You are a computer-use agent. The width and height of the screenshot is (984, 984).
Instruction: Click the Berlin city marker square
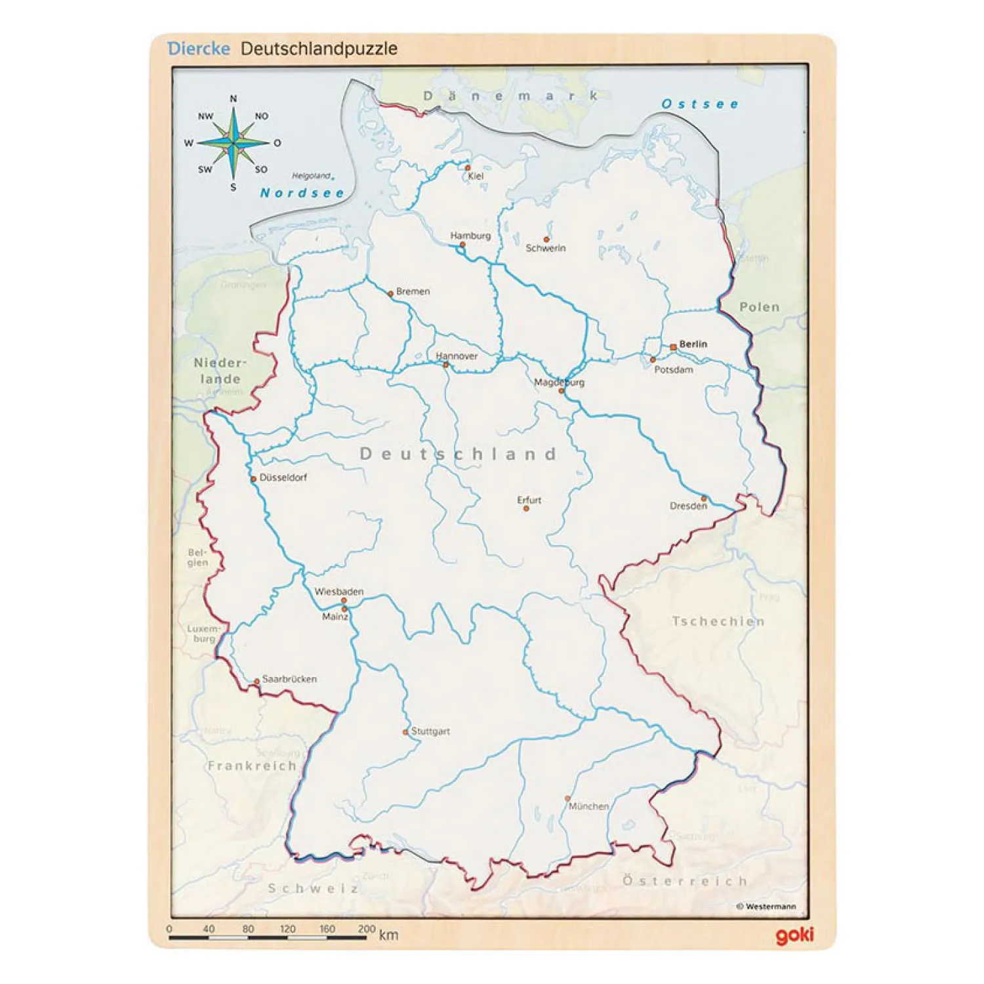pyautogui.click(x=673, y=346)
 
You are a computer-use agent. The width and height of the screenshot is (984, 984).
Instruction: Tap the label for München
pyautogui.click(x=588, y=806)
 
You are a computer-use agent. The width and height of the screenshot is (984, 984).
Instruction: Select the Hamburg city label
pyautogui.click(x=470, y=236)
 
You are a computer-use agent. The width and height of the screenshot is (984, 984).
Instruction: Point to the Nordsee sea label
pyautogui.click(x=302, y=193)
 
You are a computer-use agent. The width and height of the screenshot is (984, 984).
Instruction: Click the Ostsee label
pyautogui.click(x=700, y=104)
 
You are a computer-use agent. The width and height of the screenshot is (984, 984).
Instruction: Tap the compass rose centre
pyautogui.click(x=234, y=142)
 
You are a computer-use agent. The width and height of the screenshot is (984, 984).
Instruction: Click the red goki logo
pyautogui.click(x=794, y=935)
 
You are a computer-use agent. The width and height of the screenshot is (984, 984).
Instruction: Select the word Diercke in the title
pyautogui.click(x=199, y=49)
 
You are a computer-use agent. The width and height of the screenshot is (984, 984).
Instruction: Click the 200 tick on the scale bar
pyautogui.click(x=367, y=929)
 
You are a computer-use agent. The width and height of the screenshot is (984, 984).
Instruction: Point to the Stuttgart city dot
pyautogui.click(x=406, y=731)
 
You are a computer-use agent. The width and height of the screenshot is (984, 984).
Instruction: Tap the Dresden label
pyautogui.click(x=688, y=506)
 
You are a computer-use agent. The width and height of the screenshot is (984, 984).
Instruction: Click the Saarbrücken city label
pyautogui.click(x=289, y=679)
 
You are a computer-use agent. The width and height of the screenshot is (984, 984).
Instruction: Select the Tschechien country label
pyautogui.click(x=718, y=621)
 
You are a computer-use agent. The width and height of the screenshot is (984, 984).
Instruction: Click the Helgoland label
pyautogui.click(x=312, y=176)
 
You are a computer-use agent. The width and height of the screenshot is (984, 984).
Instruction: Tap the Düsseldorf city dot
pyautogui.click(x=254, y=479)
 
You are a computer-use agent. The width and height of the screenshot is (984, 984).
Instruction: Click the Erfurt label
pyautogui.click(x=529, y=500)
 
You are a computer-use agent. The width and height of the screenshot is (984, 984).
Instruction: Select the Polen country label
pyautogui.click(x=760, y=307)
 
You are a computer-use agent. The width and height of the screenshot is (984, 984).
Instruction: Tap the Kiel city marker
pyautogui.click(x=468, y=168)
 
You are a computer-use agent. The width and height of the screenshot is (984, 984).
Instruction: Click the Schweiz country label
pyautogui.click(x=314, y=888)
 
